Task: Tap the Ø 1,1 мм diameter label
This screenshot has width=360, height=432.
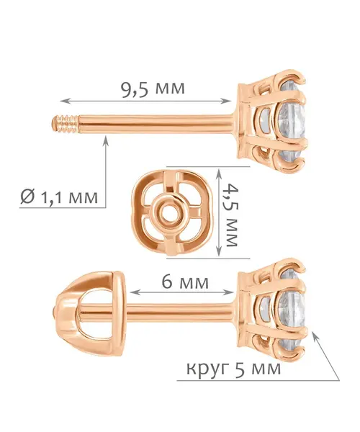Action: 59,197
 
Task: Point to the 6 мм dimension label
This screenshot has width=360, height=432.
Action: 185,282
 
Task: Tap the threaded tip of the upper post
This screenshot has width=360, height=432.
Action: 66,125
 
